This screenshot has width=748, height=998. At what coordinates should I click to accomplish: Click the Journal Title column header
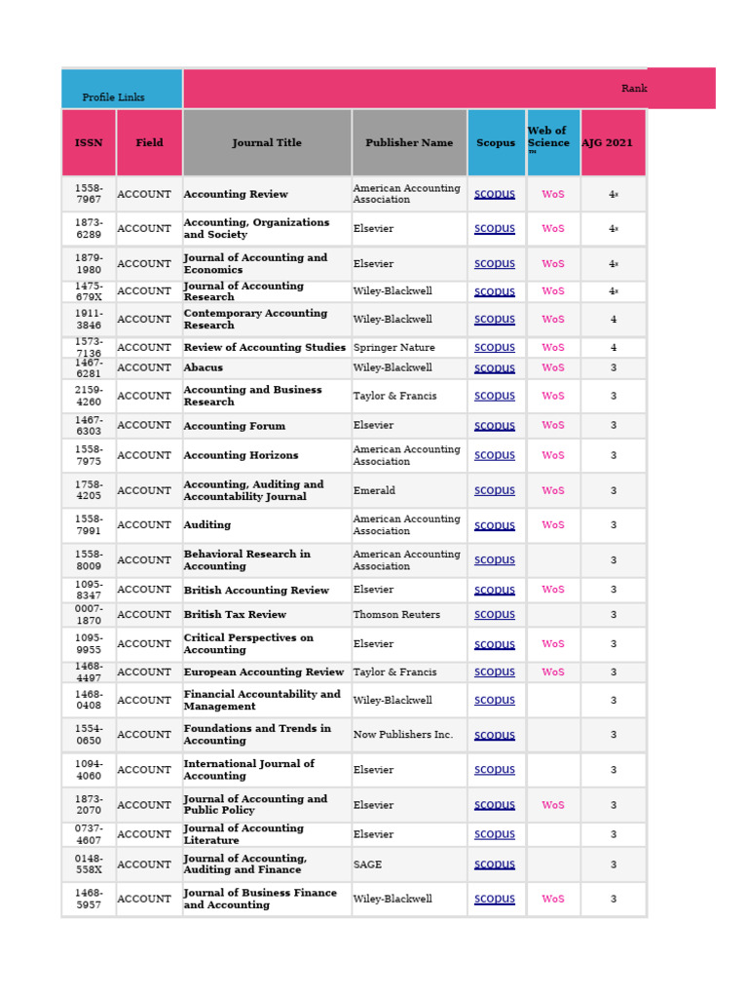267,142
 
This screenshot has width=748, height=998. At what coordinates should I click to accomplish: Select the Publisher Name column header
409,142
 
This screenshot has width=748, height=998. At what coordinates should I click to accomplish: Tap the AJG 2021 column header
607,142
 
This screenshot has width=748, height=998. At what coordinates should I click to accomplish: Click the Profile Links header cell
113,97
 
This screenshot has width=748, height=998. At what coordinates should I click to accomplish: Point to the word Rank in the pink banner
634,89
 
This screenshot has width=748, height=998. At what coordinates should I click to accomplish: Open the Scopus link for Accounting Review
495,194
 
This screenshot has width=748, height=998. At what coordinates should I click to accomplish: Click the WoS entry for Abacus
553,367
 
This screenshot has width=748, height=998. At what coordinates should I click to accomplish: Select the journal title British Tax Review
235,615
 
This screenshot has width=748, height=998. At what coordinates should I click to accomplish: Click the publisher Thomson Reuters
396,615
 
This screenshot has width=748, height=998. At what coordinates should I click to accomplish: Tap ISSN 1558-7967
89,194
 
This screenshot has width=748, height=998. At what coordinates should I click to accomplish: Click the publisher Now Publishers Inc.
402,735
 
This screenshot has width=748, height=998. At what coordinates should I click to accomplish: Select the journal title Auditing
207,525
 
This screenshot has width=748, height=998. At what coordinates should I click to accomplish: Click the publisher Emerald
374,491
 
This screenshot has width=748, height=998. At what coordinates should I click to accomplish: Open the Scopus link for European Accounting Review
495,672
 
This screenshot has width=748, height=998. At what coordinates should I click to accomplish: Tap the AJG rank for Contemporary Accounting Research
614,320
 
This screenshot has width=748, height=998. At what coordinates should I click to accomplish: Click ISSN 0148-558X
89,864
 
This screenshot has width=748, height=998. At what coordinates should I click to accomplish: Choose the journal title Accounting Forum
235,426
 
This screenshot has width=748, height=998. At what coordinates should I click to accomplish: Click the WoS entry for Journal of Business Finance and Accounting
553,900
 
